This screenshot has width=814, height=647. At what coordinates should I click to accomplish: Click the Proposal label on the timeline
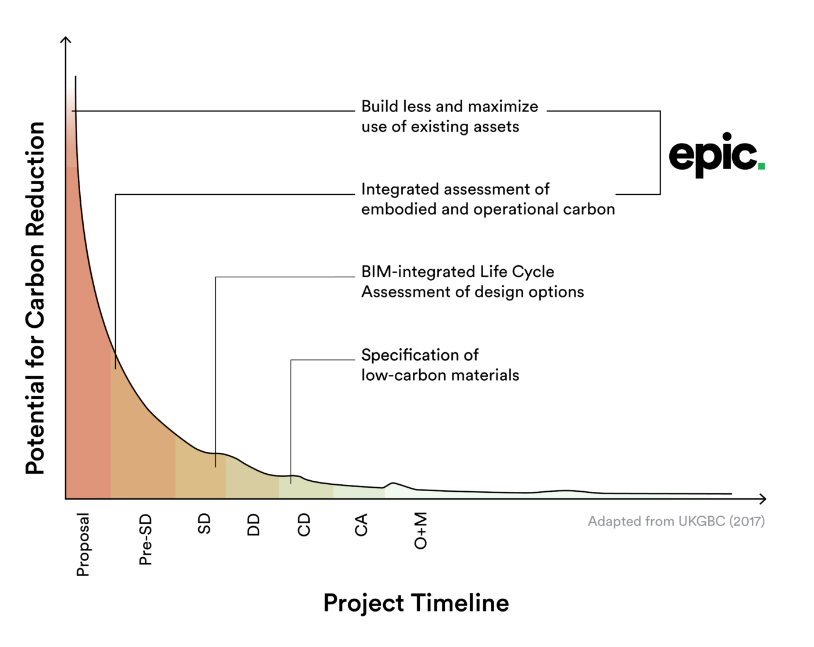pyautogui.click(x=83, y=544)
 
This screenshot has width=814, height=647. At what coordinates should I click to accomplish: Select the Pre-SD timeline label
pyautogui.click(x=145, y=539)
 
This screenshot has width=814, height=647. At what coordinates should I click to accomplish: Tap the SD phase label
pyautogui.click(x=204, y=524)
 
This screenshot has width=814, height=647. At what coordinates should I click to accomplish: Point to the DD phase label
pyautogui.click(x=254, y=524)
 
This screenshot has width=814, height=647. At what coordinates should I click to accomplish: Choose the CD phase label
pyautogui.click(x=304, y=524)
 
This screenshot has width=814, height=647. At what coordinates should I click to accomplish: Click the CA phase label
pyautogui.click(x=361, y=524)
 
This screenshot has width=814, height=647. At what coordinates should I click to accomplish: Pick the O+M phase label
pyautogui.click(x=420, y=530)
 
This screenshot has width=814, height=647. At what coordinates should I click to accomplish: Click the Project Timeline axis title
pyautogui.click(x=416, y=603)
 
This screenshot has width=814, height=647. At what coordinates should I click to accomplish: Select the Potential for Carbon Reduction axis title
pyautogui.click(x=35, y=298)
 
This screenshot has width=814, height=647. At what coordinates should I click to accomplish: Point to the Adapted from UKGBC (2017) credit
pyautogui.click(x=676, y=521)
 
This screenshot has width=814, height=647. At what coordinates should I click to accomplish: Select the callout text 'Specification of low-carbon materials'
pyautogui.click(x=440, y=365)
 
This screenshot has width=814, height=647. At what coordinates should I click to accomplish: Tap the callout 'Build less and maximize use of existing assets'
pyautogui.click(x=449, y=116)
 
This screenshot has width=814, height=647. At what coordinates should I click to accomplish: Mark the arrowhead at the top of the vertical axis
pyautogui.click(x=66, y=40)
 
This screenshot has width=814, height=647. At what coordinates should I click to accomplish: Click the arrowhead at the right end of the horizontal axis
pyautogui.click(x=763, y=498)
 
